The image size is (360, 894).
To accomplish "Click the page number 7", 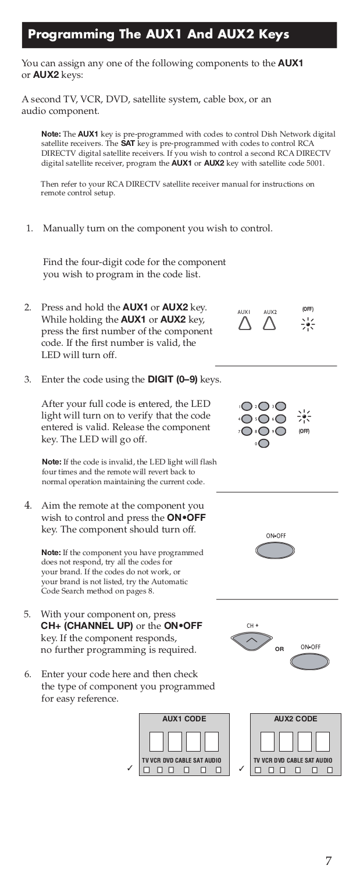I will [x=329, y=861].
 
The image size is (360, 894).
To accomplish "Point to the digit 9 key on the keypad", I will [x=281, y=431].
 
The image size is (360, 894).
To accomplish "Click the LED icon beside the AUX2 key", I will [x=308, y=325].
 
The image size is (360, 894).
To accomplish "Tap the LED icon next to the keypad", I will [x=304, y=416].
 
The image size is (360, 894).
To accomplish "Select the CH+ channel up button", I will [x=251, y=640].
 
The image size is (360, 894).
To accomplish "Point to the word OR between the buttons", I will [x=279, y=649].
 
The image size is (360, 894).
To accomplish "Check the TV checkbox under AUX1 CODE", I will [x=147, y=770].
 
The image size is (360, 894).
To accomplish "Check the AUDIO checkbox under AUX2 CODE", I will [x=329, y=770].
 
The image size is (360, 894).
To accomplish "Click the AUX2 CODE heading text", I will [x=295, y=719].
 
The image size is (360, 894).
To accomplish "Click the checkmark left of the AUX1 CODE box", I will [x=130, y=769].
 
